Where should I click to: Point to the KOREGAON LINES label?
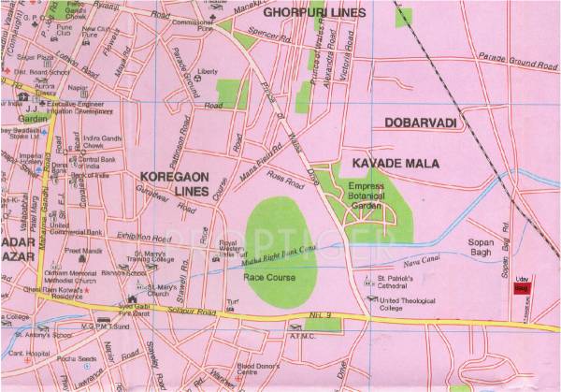(x=171, y=182)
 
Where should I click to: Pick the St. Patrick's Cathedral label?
(x=403, y=283)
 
